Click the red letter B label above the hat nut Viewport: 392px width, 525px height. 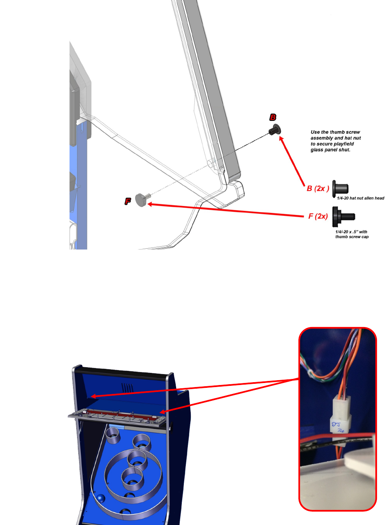273,117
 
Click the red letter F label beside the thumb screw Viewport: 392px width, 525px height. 128,201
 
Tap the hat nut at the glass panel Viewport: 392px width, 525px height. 275,130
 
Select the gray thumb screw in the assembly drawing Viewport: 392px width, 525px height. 142,199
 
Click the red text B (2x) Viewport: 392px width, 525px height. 318,189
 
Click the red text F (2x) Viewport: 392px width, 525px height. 318,216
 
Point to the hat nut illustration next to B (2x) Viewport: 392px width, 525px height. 340,188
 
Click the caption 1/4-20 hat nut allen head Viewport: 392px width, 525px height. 360,198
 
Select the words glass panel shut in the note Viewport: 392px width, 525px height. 330,150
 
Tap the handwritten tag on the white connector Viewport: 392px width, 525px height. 337,427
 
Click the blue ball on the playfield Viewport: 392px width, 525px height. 99,499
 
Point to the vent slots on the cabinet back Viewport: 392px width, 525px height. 127,387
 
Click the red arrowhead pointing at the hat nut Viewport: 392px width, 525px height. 281,139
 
